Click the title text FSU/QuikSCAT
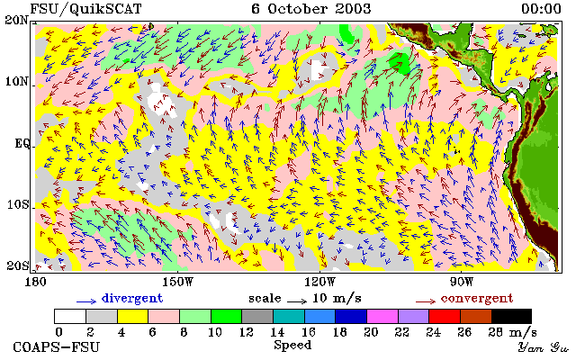pyautogui.click(x=85, y=9)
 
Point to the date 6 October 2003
pyautogui.click(x=311, y=9)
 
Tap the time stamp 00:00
pyautogui.click(x=541, y=9)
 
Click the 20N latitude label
pyautogui.click(x=17, y=20)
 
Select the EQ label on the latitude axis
pyautogui.click(x=22, y=144)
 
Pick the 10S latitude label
pyautogui.click(x=18, y=205)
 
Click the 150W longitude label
pyautogui.click(x=177, y=282)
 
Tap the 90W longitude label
pyautogui.click(x=461, y=282)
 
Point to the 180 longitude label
pyautogui.click(x=35, y=282)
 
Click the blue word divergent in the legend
pyautogui.click(x=132, y=299)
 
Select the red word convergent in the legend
pyautogui.click(x=477, y=299)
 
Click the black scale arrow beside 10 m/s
pyautogui.click(x=297, y=301)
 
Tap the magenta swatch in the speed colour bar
pyautogui.click(x=382, y=317)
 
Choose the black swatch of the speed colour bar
pyautogui.click(x=511, y=317)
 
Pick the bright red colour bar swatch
pyautogui.click(x=445, y=317)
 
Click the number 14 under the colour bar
pyautogui.click(x=277, y=331)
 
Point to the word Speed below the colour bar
pyautogui.click(x=292, y=346)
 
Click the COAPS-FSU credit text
pyautogui.click(x=57, y=347)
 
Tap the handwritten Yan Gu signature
pyautogui.click(x=543, y=348)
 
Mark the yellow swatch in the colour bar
pyautogui.click(x=132, y=317)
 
